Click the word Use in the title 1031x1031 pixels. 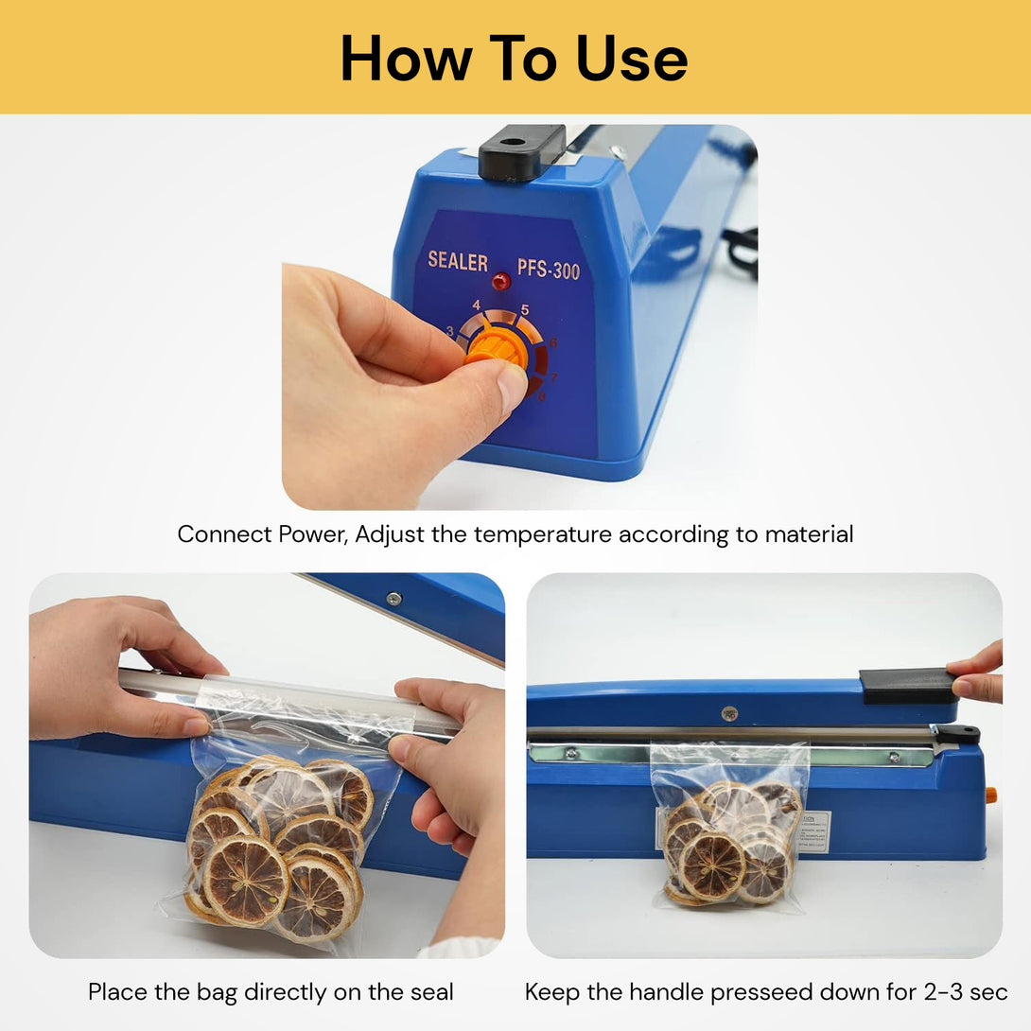(x=631, y=58)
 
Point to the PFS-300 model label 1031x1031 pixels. (x=548, y=269)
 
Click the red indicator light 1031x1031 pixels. (x=500, y=282)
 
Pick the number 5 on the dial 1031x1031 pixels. (x=524, y=309)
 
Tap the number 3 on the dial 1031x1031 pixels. (x=450, y=331)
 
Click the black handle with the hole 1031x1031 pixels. (x=520, y=151)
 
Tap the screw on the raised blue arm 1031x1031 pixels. (x=393, y=599)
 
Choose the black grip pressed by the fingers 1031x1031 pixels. (x=908, y=686)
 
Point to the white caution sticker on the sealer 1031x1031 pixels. (x=813, y=830)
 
